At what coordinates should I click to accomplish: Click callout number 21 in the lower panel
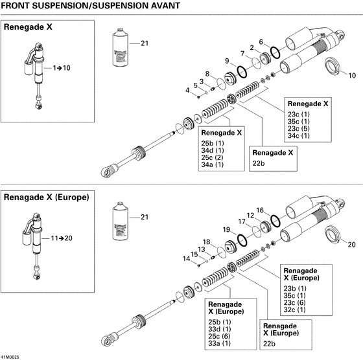144,216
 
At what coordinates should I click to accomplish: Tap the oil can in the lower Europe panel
121,219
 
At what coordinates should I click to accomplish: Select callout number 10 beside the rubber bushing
352,74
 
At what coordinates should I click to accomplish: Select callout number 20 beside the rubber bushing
352,244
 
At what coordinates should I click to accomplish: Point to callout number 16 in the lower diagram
259,210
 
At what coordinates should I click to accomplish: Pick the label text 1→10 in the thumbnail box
62,67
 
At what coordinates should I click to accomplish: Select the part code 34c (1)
298,136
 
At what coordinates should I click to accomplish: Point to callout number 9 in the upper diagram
228,61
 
